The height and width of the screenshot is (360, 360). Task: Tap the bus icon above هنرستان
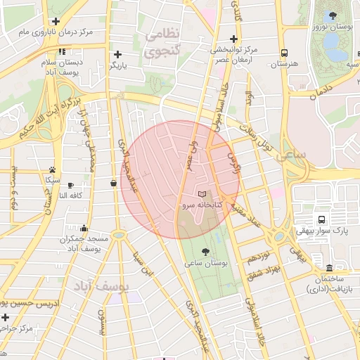point(284,53)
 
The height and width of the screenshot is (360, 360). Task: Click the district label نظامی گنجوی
point(163,41)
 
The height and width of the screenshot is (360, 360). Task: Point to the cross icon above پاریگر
point(117,54)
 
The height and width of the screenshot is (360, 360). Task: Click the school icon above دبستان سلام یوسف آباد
point(62,51)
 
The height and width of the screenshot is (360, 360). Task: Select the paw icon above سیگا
point(52,169)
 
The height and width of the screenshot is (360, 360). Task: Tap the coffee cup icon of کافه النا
point(70,185)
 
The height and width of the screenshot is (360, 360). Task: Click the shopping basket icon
point(113,184)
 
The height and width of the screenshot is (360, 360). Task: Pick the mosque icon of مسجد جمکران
point(84,228)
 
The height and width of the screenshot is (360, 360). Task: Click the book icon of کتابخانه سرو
point(202,193)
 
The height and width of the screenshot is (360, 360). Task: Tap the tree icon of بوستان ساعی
point(205,251)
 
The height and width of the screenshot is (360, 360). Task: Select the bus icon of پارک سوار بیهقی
point(321,219)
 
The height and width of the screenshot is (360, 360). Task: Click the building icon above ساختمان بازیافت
point(329,268)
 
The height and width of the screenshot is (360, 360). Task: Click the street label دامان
point(319,91)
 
